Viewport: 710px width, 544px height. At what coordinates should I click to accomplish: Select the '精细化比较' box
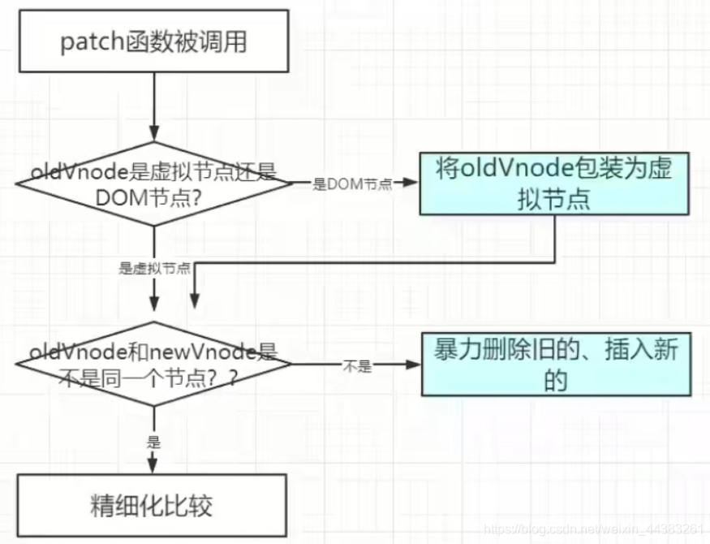click(x=153, y=506)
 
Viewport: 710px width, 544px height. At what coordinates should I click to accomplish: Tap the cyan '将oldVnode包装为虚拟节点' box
click(x=554, y=183)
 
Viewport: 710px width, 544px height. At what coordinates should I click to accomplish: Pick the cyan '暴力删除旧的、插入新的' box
click(x=555, y=366)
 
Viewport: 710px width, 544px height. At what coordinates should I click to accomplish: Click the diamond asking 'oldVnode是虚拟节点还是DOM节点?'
click(x=153, y=184)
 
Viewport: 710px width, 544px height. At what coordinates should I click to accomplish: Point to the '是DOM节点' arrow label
click(x=352, y=184)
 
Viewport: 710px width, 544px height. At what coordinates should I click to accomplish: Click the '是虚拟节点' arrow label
click(x=154, y=269)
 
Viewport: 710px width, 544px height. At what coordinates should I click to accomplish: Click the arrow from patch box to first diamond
click(x=153, y=106)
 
